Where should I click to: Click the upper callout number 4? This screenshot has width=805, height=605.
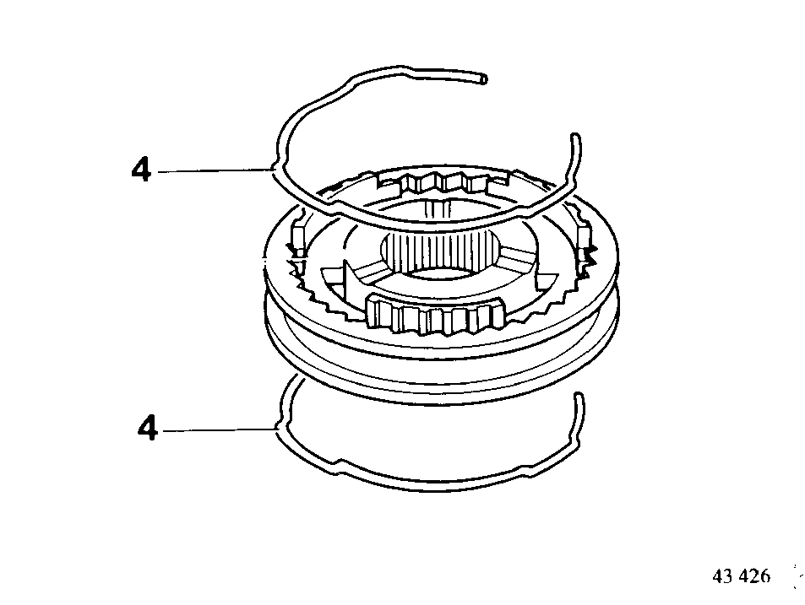coord(141,169)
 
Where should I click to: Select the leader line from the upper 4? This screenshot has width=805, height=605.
coord(214,170)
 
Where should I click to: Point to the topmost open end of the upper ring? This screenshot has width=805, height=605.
coord(483,79)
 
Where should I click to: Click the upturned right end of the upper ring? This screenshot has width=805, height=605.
coord(575,138)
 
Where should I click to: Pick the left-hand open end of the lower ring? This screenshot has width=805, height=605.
coord(296,378)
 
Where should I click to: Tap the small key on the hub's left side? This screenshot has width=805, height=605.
coord(298,237)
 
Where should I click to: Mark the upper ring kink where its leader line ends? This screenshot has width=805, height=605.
coord(275,170)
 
